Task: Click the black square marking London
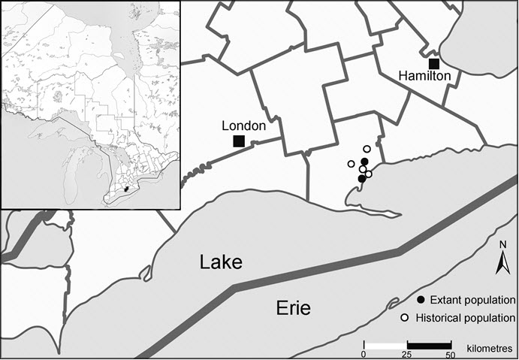pyautogui.click(x=239, y=141)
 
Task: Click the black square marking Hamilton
pyautogui.click(x=434, y=63)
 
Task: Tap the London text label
pyautogui.click(x=244, y=126)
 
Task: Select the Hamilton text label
pyautogui.click(x=425, y=76)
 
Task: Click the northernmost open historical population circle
pyautogui.click(x=367, y=149)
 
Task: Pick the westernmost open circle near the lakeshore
pyautogui.click(x=351, y=164)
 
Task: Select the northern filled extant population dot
pyautogui.click(x=364, y=162)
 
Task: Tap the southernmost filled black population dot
pyautogui.click(x=361, y=178)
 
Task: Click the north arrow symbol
pyautogui.click(x=504, y=262)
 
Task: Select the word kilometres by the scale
pyautogui.click(x=481, y=350)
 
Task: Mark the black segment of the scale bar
pyautogui.click(x=428, y=345)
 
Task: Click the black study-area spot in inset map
pyautogui.click(x=126, y=189)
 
